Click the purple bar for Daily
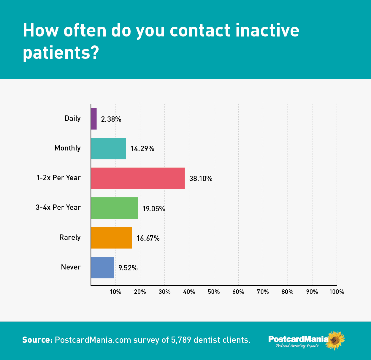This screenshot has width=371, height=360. [94, 119]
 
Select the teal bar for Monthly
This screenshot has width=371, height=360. [109, 148]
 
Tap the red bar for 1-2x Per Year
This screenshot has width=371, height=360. [138, 178]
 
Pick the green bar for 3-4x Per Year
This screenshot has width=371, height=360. [114, 208]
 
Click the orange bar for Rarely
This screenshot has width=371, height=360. [111, 238]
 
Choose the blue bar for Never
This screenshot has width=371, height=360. [103, 267]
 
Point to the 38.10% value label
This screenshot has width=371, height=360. [201, 179]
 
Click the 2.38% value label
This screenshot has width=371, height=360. [111, 119]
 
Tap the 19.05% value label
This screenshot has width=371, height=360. [154, 209]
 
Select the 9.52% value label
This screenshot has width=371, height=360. [128, 268]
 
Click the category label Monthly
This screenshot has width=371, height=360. [67, 148]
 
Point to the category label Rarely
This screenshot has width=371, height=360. [70, 237]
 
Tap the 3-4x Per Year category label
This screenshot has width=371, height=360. [58, 207]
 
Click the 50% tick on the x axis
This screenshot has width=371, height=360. [214, 292]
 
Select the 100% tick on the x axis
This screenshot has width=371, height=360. [337, 292]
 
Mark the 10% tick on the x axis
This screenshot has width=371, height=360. [115, 292]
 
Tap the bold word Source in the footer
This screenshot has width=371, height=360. [37, 340]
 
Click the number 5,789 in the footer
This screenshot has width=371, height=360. [181, 340]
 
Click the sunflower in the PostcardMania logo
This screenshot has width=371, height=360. [335, 340]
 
